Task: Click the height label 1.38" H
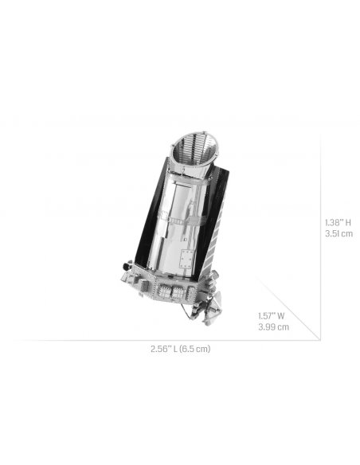338,222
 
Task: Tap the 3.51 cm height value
338,234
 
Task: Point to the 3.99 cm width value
273,326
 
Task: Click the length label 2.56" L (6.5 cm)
180,350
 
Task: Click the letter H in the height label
349,222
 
